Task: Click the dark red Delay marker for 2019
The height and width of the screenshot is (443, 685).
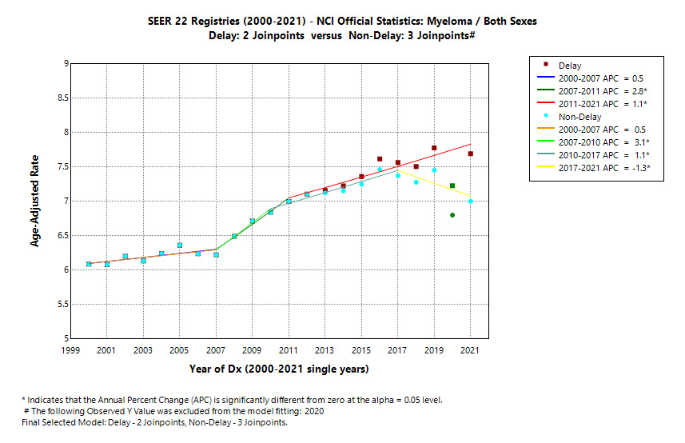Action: tap(434, 148)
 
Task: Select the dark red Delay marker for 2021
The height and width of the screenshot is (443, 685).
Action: tap(471, 154)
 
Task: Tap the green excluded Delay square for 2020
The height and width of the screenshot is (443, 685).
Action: tap(452, 186)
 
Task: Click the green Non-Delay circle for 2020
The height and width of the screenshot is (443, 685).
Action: tap(452, 215)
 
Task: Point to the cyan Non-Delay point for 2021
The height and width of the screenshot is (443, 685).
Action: tap(471, 202)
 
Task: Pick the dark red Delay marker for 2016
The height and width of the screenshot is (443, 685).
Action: tap(380, 159)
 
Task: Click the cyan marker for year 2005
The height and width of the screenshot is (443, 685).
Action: tap(180, 245)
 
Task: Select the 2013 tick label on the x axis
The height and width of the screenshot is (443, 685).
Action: tap(325, 351)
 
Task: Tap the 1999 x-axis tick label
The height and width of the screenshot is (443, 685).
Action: tap(70, 351)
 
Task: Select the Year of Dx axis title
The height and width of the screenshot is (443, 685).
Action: tap(279, 369)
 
